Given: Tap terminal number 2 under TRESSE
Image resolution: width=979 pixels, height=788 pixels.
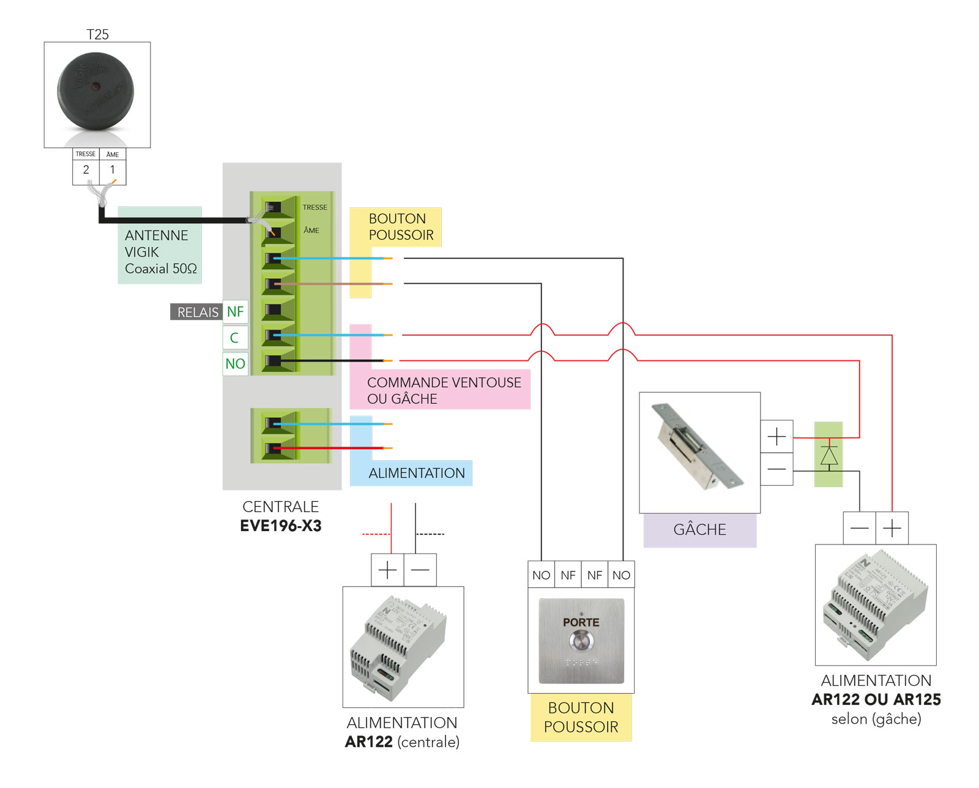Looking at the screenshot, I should tap(86, 170).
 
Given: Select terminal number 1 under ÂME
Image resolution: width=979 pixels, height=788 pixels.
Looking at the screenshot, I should tap(113, 170).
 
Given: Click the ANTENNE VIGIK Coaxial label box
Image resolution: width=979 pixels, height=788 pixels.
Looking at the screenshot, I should tap(159, 251).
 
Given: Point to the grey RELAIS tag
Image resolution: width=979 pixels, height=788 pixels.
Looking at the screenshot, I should tap(196, 312).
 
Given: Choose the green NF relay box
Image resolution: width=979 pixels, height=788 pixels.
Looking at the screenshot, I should tap(235, 312).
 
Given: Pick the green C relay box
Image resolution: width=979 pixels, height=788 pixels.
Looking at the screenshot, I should tap(235, 338).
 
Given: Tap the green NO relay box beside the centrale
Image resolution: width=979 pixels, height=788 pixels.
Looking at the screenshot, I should tap(235, 363).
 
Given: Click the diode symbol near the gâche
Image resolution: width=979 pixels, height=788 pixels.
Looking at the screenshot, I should tap(828, 456).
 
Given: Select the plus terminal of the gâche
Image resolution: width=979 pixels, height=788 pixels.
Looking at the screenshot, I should tap(776, 436).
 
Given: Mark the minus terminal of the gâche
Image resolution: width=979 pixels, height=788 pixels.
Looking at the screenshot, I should tap(776, 469).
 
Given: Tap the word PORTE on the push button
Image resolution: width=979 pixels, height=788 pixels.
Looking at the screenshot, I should tap(581, 622).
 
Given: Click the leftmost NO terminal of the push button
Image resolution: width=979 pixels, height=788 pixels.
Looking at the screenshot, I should tap(541, 575).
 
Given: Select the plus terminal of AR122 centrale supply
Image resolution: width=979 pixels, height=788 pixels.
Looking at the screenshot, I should tap(387, 570).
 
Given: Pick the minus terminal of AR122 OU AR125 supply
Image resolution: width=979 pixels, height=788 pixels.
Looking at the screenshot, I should tap(859, 528).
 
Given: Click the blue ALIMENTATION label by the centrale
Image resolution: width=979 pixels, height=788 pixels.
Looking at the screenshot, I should tap(417, 473).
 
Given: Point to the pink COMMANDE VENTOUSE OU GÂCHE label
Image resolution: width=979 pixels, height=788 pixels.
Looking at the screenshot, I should tap(444, 390).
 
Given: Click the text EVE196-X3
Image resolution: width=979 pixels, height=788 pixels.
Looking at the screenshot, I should tap(281, 526).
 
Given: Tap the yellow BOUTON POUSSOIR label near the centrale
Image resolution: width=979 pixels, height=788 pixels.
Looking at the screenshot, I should tap(401, 227).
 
